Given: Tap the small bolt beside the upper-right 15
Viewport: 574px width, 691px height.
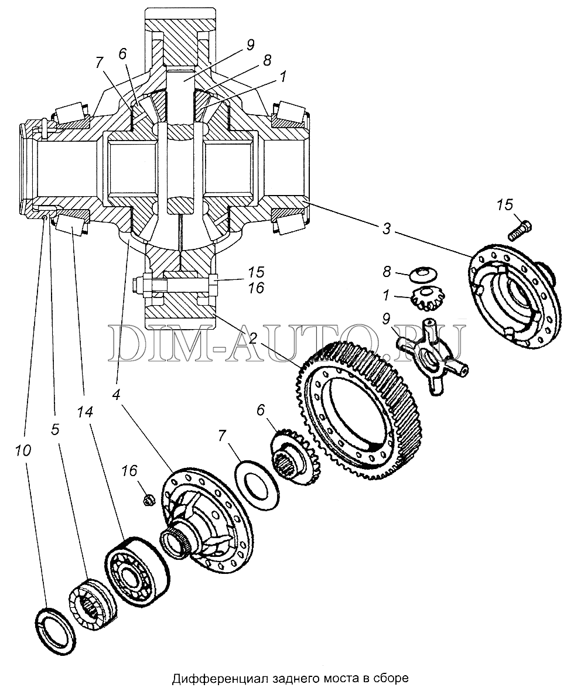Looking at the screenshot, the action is pos(521,231).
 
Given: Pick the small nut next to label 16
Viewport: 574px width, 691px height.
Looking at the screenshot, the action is pos(148,500).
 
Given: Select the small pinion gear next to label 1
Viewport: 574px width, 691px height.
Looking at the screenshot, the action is pos(423,298).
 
